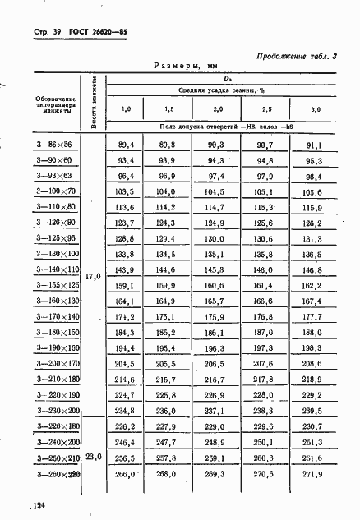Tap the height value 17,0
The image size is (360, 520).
pyautogui.click(x=92, y=277)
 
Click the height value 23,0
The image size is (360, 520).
pyautogui.click(x=92, y=456)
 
